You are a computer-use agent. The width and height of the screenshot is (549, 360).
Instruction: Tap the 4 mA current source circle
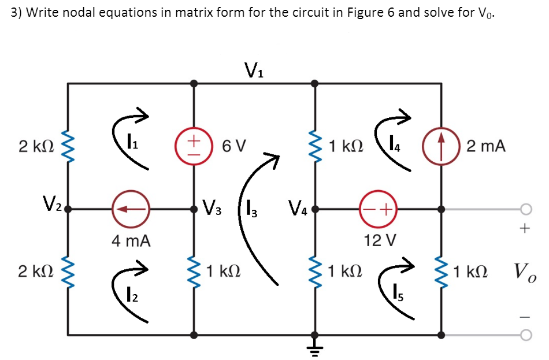pos(131,210)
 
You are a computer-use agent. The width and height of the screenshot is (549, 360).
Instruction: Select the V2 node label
pos(50,203)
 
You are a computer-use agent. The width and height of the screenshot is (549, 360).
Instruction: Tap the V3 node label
pos(213,206)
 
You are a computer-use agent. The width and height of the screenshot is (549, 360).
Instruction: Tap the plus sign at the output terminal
pos(524,229)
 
